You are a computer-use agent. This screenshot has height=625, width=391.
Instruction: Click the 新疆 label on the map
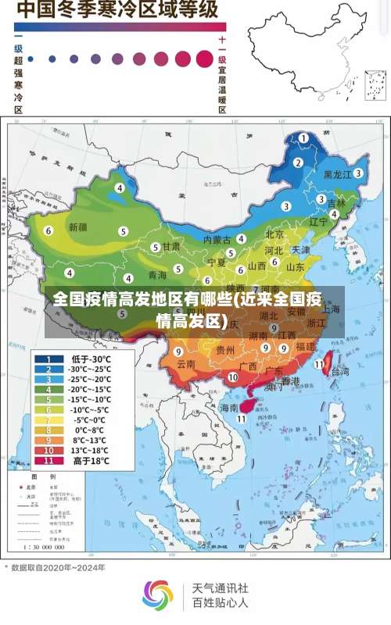tap(78, 227)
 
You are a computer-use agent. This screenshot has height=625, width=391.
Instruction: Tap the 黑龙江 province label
tap(337, 175)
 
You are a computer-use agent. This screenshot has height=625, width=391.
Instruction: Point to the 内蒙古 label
tap(217, 239)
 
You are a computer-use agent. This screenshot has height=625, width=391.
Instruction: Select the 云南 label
tap(185, 364)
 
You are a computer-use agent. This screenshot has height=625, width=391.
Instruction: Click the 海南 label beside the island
tap(228, 408)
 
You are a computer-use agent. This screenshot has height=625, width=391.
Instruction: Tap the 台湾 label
tap(340, 373)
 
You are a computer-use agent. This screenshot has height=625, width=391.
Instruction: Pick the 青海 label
tap(157, 275)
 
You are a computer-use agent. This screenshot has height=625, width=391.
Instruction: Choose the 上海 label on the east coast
tap(331, 308)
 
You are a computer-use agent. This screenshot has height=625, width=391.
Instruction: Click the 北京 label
tap(274, 234)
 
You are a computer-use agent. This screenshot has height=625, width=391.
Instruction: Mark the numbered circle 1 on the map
tap(303, 137)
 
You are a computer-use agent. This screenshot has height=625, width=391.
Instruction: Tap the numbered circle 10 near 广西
tap(232, 377)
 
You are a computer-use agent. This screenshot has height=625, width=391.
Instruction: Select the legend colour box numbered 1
tap(48, 359)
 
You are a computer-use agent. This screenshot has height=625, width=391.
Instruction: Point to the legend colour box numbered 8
tap(48, 430)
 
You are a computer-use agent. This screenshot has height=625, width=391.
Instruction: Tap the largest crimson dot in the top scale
tap(205, 59)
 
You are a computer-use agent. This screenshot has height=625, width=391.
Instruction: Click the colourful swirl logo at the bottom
tap(157, 595)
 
